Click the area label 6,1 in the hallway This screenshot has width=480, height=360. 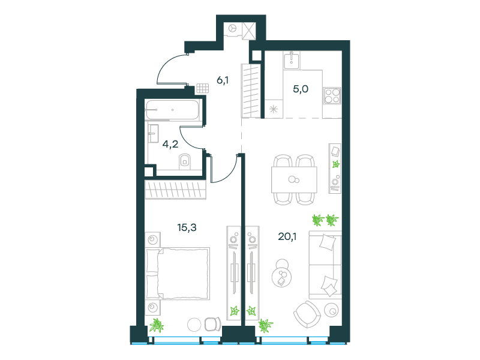(x=223, y=80)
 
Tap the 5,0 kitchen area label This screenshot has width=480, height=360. (x=301, y=89)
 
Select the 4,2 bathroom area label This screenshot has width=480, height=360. (x=170, y=144)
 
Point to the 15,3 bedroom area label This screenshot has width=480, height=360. (x=187, y=227)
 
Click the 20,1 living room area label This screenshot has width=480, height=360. (x=287, y=236)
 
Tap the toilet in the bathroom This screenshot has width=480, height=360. (x=184, y=161)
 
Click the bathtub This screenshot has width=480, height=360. (x=173, y=110)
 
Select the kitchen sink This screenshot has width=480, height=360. (x=292, y=60)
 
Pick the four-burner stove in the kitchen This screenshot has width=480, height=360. (x=332, y=95)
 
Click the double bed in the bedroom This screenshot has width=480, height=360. (x=178, y=274)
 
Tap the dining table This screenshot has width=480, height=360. (x=294, y=179)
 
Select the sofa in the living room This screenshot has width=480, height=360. (x=325, y=265)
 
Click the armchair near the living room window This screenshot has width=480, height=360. (x=307, y=314)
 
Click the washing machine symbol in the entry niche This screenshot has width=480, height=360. (x=233, y=28)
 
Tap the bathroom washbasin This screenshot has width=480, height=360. (x=154, y=133)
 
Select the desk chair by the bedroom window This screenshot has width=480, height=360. (x=213, y=324)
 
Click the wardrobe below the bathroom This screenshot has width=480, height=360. (x=175, y=190)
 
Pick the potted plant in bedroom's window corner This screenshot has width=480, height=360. (x=157, y=325)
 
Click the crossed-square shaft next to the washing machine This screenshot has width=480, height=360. (x=249, y=31)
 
